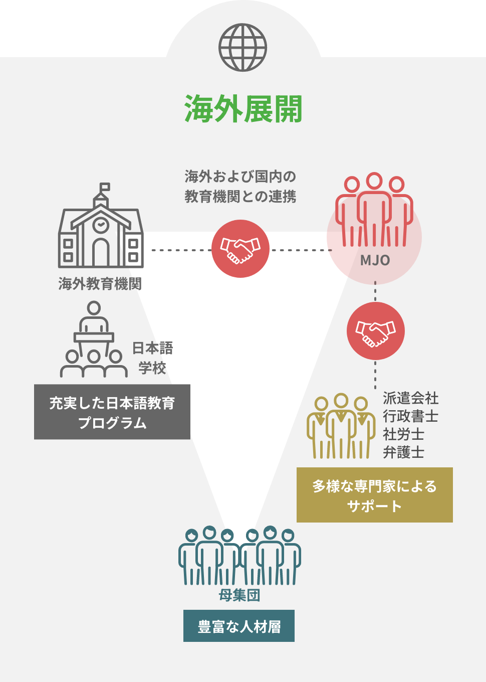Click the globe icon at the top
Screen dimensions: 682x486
[242, 48]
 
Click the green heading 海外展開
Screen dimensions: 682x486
[243, 109]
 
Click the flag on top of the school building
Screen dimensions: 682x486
[105, 187]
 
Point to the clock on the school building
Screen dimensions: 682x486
[101, 224]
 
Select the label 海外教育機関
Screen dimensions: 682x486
[100, 284]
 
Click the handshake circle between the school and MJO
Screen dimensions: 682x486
[240, 249]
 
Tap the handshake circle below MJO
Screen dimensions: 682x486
[375, 330]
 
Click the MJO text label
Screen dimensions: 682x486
[375, 260]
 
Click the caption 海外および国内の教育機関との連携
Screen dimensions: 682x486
[240, 187]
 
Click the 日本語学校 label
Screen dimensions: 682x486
[152, 358]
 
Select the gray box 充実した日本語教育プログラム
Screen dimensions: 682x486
[112, 412]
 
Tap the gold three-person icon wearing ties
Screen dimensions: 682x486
[341, 426]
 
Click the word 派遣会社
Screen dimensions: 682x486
[410, 398]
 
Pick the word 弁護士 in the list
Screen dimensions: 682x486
[403, 452]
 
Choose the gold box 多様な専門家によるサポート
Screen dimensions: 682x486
[374, 495]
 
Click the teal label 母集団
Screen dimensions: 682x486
[239, 595]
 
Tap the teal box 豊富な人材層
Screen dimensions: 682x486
[239, 626]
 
